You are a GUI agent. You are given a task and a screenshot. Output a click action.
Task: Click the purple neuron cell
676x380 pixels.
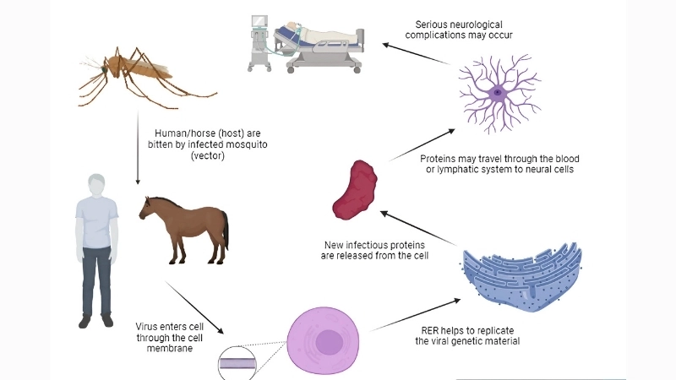(x=499, y=91)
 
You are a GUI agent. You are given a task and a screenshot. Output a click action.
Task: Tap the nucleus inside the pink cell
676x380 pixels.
(x=328, y=343)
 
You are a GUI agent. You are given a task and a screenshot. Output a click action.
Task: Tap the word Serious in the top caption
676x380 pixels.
(x=435, y=24)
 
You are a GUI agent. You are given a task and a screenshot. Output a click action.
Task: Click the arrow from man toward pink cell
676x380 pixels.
(x=196, y=307)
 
